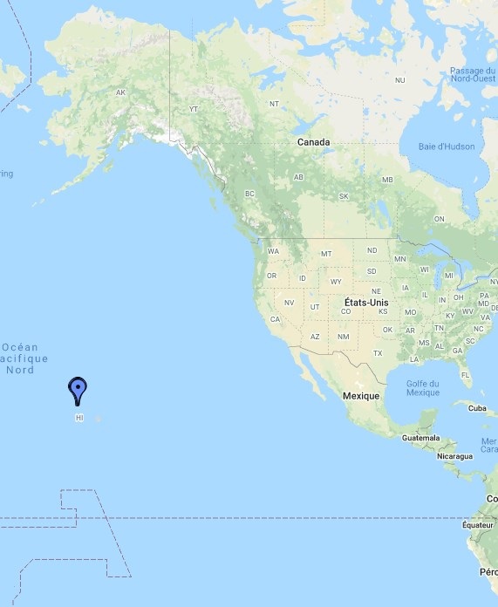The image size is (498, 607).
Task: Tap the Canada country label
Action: point(313,142)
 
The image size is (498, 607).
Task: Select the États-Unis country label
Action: point(366,303)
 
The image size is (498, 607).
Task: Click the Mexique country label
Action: point(360,396)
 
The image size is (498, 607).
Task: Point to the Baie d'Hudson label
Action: point(447,147)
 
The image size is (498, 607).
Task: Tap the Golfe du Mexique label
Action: point(423,387)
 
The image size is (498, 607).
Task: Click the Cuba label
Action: point(476,408)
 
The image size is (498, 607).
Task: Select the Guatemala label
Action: point(421,438)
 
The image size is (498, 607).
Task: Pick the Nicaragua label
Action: point(454,456)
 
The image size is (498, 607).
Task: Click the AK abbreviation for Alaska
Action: point(121,92)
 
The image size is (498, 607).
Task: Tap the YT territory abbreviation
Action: point(194,110)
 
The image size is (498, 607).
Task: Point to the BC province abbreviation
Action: point(249,194)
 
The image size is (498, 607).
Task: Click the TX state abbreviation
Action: point(378,353)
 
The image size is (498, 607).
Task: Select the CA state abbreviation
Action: point(275,319)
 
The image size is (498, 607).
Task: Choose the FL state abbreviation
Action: point(466,375)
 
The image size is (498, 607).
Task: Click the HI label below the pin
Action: point(79,418)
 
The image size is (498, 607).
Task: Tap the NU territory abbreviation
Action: point(400,80)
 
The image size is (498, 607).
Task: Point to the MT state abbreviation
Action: point(326,254)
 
